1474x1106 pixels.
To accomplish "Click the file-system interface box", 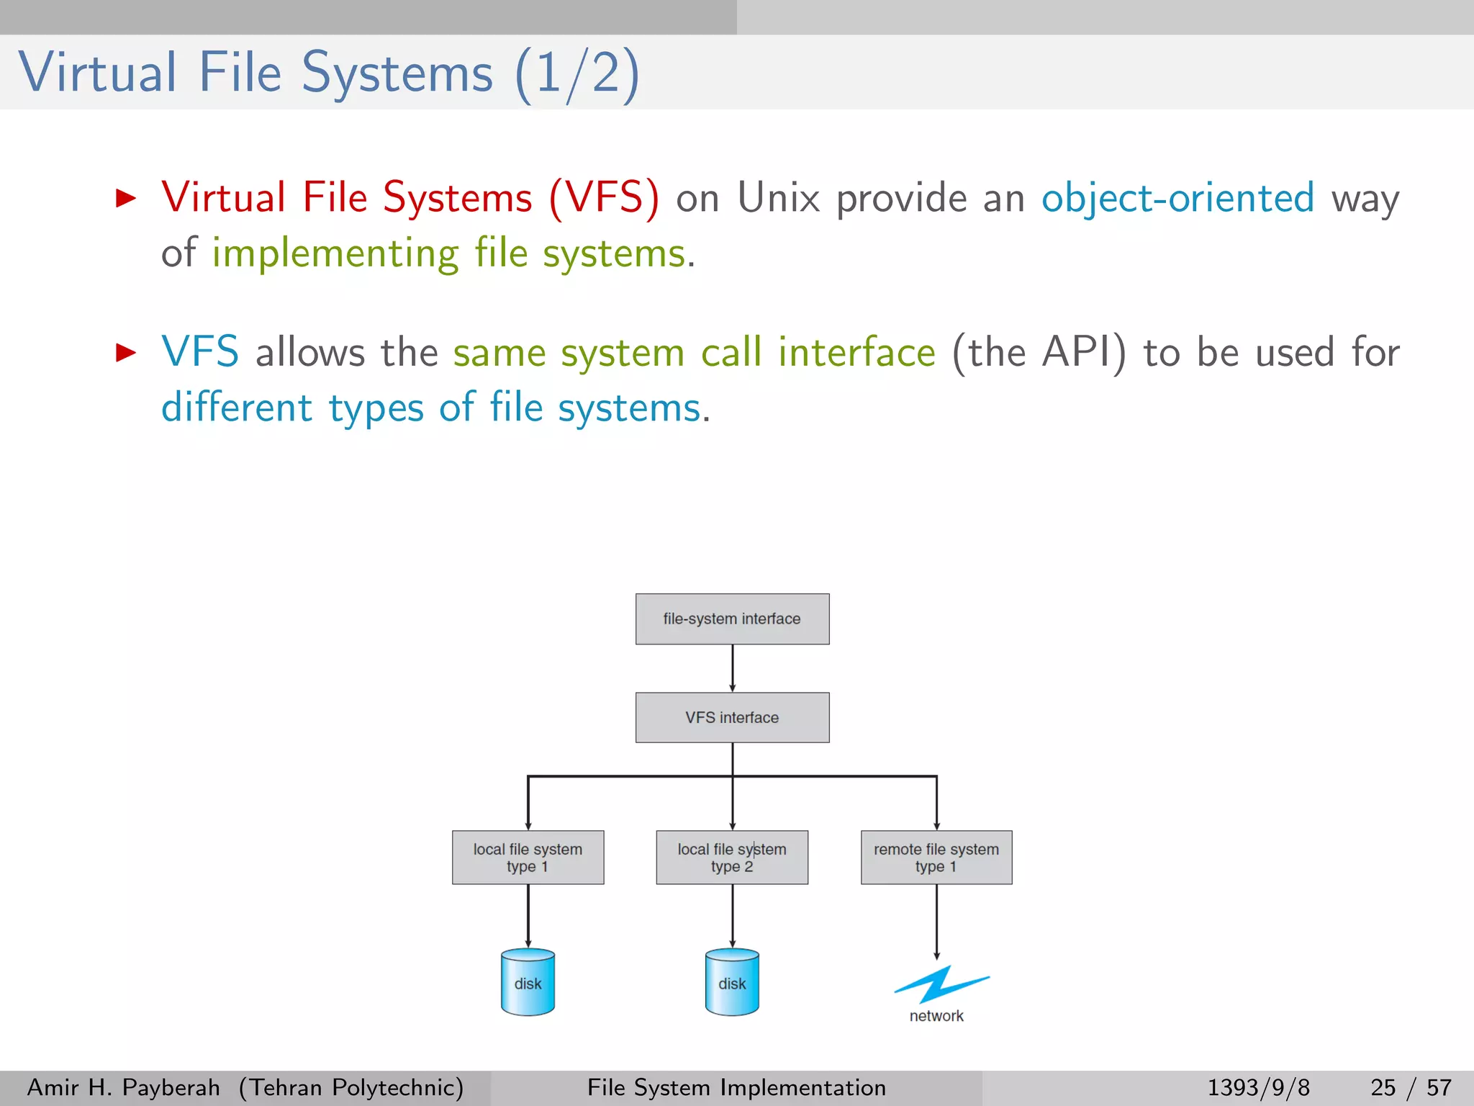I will click(732, 619).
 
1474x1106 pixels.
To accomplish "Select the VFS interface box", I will click(732, 717).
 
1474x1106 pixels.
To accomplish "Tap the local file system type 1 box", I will click(528, 857).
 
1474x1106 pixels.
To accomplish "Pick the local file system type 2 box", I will click(732, 857).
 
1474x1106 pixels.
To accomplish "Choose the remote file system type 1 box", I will click(936, 857).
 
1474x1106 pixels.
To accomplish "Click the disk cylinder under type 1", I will click(528, 983).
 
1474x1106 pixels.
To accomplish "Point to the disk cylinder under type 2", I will click(732, 983).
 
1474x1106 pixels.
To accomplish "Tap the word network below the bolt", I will click(936, 1016).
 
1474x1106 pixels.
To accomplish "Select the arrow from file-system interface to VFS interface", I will click(733, 668).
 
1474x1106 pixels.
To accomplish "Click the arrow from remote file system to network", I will click(936, 922).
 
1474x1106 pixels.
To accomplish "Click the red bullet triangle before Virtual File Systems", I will click(126, 198).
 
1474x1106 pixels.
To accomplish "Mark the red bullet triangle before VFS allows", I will click(126, 352).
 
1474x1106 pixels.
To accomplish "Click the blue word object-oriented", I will click(1177, 198).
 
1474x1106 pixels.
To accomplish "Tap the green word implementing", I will click(335, 253).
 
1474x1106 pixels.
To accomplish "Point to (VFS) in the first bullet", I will click(603, 198).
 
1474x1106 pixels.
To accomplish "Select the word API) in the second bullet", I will click(1084, 352).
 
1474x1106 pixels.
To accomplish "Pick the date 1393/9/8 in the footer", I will click(1258, 1087).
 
